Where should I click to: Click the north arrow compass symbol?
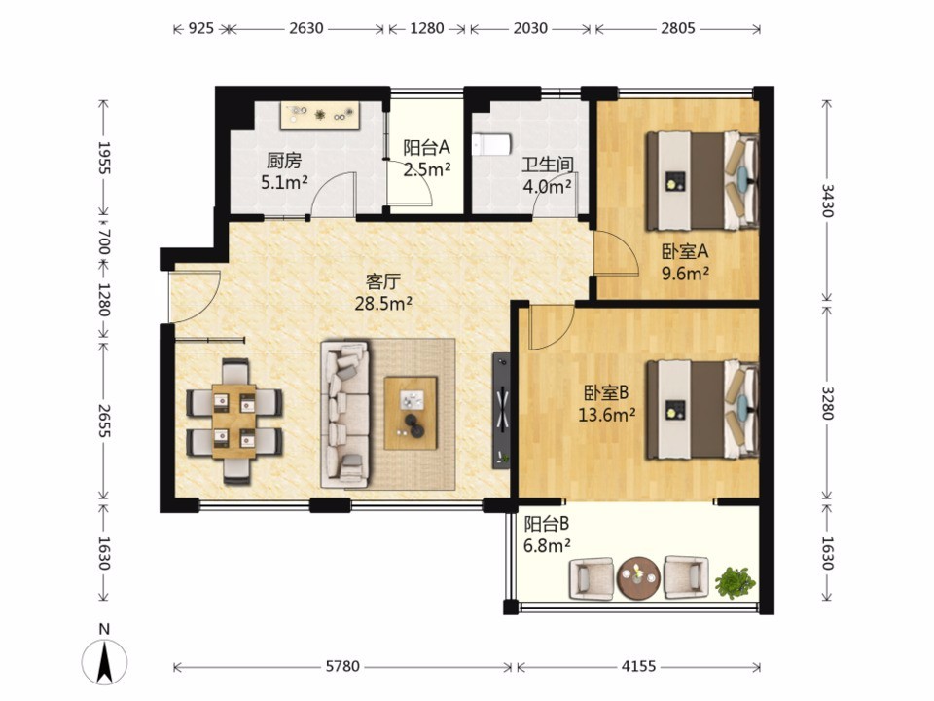coord(104,662)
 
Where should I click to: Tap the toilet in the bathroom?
coord(492,144)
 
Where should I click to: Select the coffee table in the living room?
coord(411,413)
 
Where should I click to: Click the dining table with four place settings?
coord(234,422)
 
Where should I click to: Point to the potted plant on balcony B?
coord(736,582)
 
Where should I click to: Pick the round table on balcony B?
coord(638,577)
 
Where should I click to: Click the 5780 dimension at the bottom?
coord(342,666)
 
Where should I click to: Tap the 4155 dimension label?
coord(638,666)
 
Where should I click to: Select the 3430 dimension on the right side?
coord(827,201)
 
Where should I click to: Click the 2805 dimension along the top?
coord(678,28)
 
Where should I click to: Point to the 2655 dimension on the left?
coord(104,421)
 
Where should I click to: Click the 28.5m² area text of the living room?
coord(383,304)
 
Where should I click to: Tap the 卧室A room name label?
coord(685,251)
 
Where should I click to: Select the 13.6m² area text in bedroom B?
coord(606,414)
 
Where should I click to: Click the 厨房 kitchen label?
coord(284,161)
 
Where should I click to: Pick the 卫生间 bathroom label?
coord(548,166)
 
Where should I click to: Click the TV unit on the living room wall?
coord(502,411)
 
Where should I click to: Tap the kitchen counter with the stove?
coord(321,116)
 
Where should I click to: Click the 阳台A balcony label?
coord(426,147)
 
